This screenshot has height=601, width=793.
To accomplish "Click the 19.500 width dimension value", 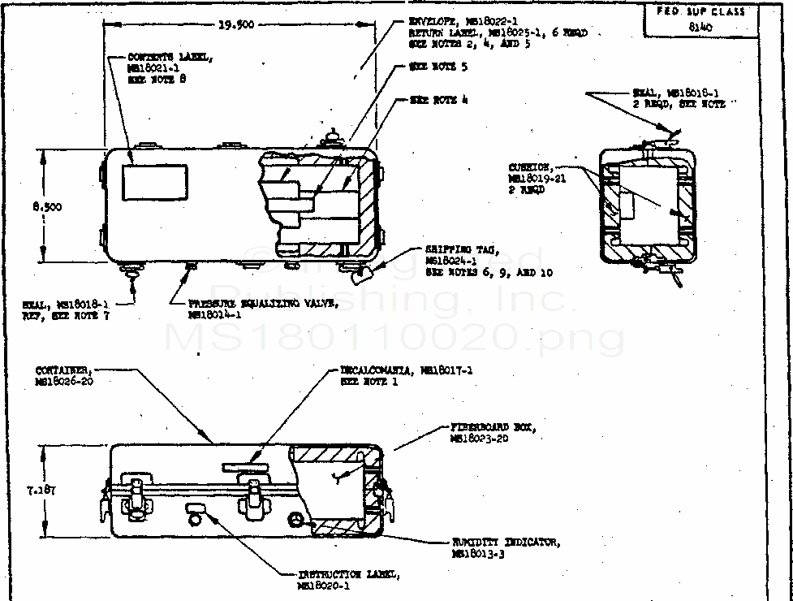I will (x=236, y=24).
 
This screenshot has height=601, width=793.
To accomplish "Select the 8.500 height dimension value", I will (x=47, y=206).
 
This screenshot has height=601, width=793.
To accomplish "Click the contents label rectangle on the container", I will (x=155, y=182).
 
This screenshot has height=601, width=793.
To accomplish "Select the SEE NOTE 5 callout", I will (x=439, y=67).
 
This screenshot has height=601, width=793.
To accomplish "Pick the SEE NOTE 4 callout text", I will (x=439, y=100).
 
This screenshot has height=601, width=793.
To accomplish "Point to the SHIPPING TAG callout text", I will (x=487, y=261).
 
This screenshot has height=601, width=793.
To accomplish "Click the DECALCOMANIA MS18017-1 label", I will (x=407, y=375).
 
